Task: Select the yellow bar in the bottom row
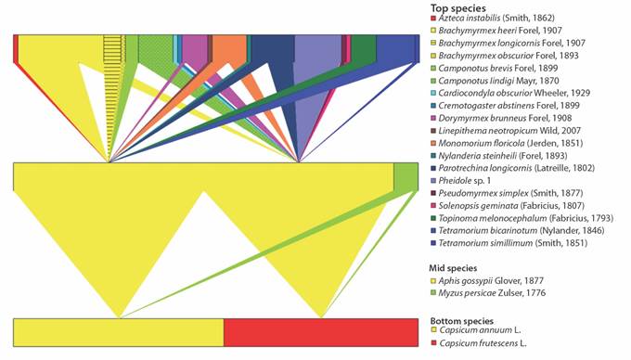pos(119,332)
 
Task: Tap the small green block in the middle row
pos(405,175)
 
